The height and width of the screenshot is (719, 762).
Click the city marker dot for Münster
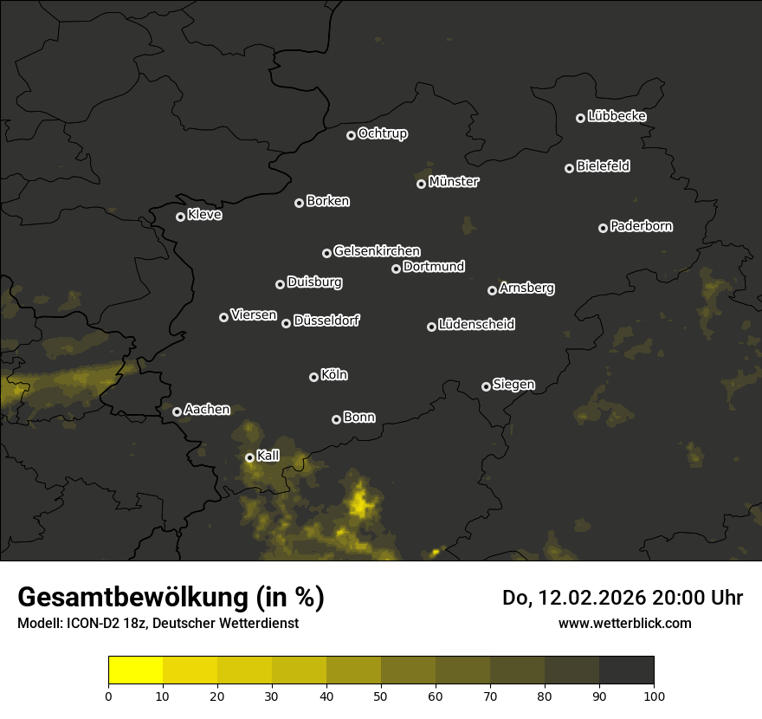pos(422,184)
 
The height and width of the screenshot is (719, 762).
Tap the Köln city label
pos(334,375)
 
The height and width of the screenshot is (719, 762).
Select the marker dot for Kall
pos(249,457)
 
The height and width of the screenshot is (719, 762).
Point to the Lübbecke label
pos(617,116)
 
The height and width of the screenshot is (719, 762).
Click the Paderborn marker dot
pos(603,228)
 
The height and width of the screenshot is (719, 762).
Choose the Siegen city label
pos(513,385)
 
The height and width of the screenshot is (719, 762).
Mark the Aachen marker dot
pos(177,411)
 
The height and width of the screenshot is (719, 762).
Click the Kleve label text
pos(204,215)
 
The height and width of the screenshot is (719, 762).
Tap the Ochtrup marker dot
pos(351,135)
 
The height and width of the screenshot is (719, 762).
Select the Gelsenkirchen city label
pos(377,251)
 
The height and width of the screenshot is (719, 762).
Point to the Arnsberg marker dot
pos(492,290)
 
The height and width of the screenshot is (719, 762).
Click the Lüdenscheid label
pos(476,325)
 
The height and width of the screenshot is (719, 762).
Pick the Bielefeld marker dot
pos(569,168)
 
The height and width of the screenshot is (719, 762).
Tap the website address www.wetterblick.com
pos(625,623)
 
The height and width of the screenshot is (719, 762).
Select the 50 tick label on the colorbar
pos(381,695)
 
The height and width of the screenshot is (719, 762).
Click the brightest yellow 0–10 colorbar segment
pos(136,670)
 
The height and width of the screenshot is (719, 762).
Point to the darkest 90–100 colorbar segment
pos(626,670)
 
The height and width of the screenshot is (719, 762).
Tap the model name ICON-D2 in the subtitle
pos(90,624)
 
